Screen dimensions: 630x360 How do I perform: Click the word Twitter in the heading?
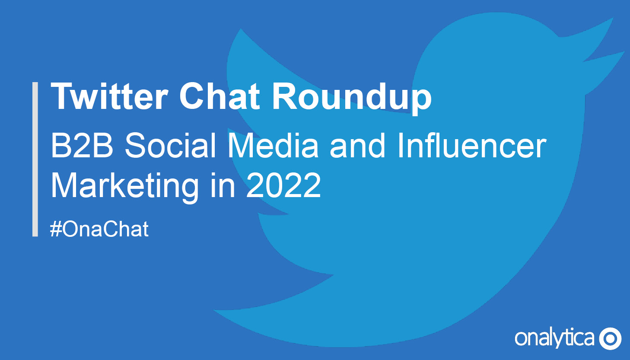click(x=109, y=96)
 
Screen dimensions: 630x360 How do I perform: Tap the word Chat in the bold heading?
click(x=220, y=96)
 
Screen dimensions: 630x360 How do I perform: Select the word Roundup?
click(x=352, y=99)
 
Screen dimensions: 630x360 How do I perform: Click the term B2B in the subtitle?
click(x=82, y=146)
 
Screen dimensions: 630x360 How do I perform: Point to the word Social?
click(x=170, y=146)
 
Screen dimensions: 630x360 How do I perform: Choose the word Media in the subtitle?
click(x=273, y=146)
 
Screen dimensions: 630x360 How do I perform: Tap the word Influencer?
click(x=472, y=146)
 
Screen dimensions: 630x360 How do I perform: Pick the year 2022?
click(x=283, y=185)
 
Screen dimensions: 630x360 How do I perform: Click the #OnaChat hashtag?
click(x=99, y=229)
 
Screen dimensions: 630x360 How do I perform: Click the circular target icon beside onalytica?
click(x=610, y=338)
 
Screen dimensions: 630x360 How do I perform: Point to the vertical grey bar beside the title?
click(x=35, y=159)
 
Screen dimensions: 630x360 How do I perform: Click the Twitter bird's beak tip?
click(x=624, y=52)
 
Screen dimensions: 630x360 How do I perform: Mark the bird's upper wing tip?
click(x=241, y=29)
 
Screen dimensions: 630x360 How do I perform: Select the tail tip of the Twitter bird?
click(x=214, y=310)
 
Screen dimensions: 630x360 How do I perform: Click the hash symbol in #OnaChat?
click(x=56, y=229)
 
